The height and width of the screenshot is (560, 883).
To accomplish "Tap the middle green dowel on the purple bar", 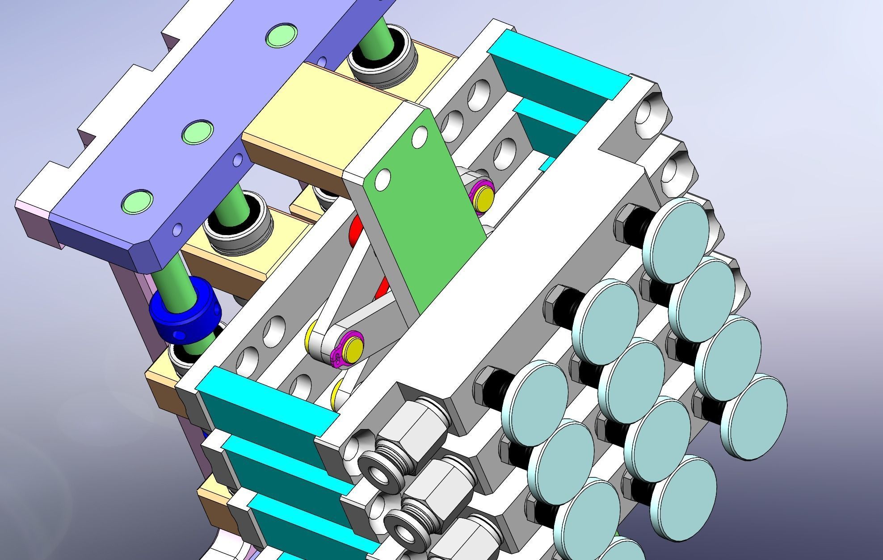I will (x=197, y=132).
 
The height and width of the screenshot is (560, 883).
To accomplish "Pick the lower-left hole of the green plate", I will (x=383, y=179).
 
